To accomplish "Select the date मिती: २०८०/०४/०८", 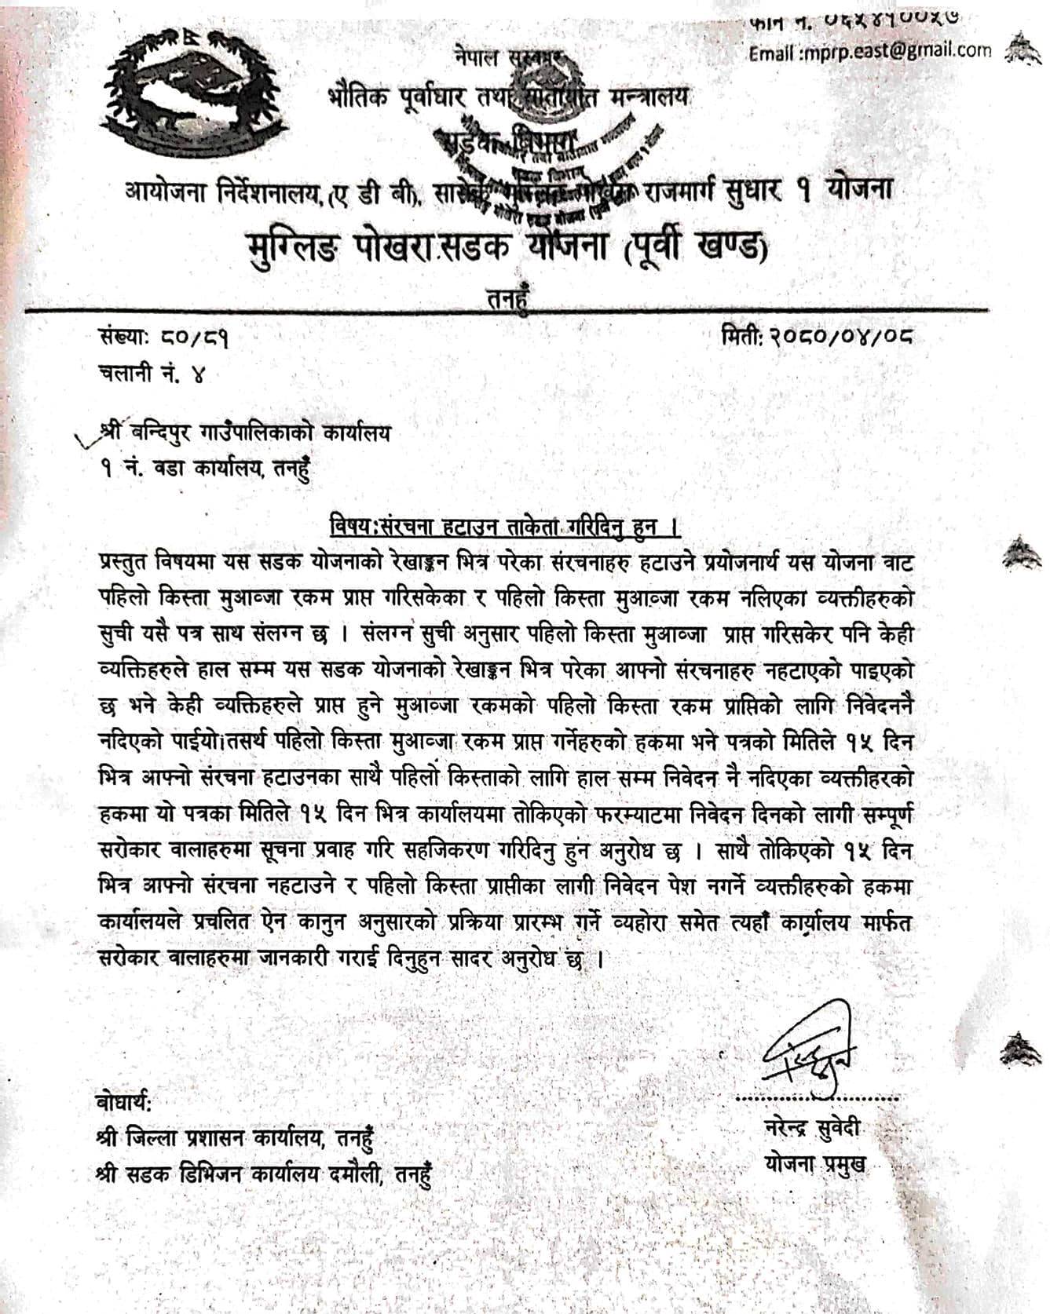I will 818,338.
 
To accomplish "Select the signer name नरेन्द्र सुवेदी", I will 812,1129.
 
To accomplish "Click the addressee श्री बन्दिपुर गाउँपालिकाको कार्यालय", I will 243,433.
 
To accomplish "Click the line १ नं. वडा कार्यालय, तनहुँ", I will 204,469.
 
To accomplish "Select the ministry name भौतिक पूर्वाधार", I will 401,98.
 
